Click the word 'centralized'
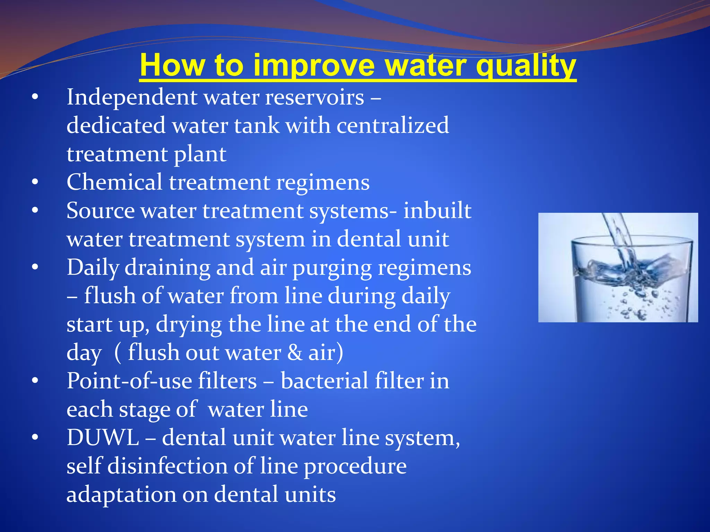point(392,125)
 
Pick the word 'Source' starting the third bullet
point(101,211)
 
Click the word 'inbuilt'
point(437,211)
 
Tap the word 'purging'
point(332,268)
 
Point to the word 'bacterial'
point(324,381)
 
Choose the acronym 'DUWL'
point(103,438)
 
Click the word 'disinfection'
point(167,466)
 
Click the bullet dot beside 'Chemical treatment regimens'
point(35,182)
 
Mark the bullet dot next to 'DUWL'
point(35,438)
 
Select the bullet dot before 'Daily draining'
point(35,267)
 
